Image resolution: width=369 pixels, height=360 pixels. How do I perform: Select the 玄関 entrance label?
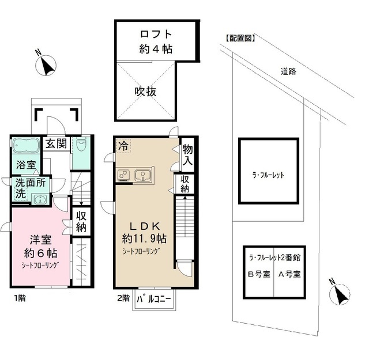click(57, 143)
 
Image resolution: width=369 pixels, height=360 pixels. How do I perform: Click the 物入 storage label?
click(187, 155)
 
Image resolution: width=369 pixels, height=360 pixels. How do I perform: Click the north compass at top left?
click(46, 66)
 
